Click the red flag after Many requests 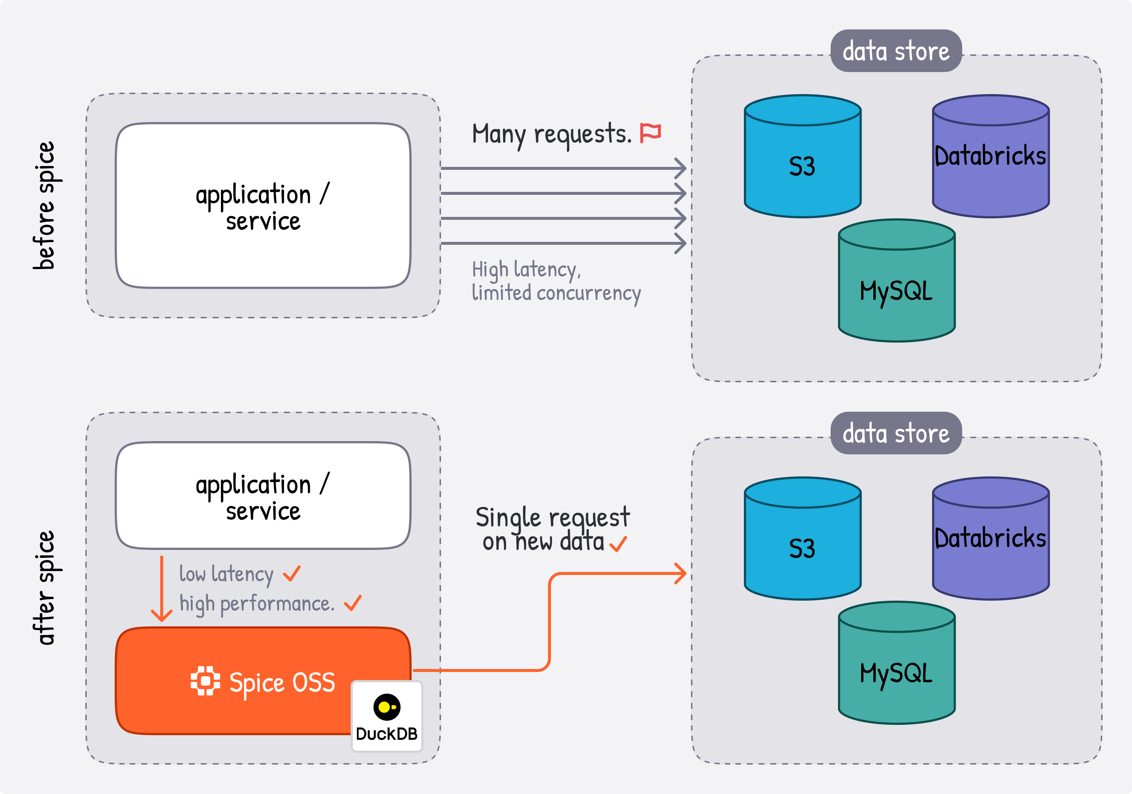(x=650, y=133)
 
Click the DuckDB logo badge (x=387, y=716)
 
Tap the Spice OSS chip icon (x=205, y=681)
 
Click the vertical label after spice (x=45, y=588)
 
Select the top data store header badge (x=896, y=51)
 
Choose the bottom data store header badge (x=896, y=433)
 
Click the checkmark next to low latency (x=292, y=573)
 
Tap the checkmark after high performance (x=352, y=602)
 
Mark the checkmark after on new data (x=618, y=544)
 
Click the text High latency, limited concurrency (x=556, y=281)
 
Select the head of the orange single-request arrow (x=681, y=573)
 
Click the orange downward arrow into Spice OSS (x=161, y=589)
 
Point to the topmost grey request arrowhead (x=681, y=168)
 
